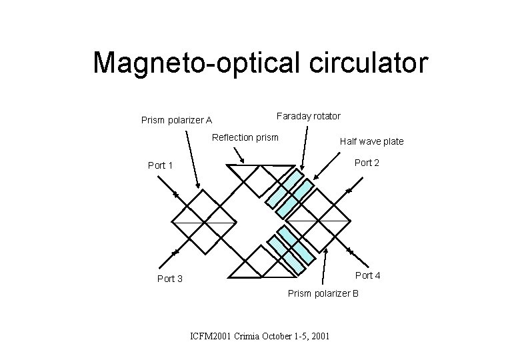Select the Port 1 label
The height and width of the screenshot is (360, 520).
point(161,165)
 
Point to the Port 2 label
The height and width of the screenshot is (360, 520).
point(367,163)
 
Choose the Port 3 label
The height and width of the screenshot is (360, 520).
point(170,279)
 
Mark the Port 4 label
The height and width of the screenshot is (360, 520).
point(368,275)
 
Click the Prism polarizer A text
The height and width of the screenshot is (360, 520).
point(177,121)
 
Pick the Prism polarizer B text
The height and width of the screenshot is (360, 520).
point(323,293)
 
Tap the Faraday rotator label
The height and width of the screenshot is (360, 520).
point(309,116)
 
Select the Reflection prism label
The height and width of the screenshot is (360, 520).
point(245,138)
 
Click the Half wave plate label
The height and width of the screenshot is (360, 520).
point(371,141)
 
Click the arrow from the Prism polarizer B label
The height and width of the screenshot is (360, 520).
point(325,266)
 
